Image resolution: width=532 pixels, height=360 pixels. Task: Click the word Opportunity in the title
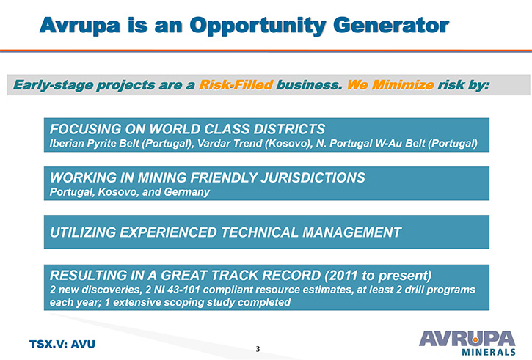tap(258, 26)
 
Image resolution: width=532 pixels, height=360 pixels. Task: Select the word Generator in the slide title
tap(391, 25)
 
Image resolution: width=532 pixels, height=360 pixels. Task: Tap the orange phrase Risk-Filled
tap(236, 85)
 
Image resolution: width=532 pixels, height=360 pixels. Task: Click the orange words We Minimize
tap(390, 85)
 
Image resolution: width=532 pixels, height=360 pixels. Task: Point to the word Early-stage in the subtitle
tap(53, 85)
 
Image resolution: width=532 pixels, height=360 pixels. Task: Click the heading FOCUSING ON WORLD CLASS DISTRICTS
tap(187, 129)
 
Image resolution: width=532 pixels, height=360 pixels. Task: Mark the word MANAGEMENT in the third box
tap(351, 232)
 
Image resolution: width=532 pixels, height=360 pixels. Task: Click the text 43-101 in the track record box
tap(183, 290)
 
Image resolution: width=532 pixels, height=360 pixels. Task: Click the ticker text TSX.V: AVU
tap(62, 344)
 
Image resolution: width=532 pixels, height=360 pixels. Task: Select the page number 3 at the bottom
tap(258, 349)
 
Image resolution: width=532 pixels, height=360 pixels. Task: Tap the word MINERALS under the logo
tap(489, 351)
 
